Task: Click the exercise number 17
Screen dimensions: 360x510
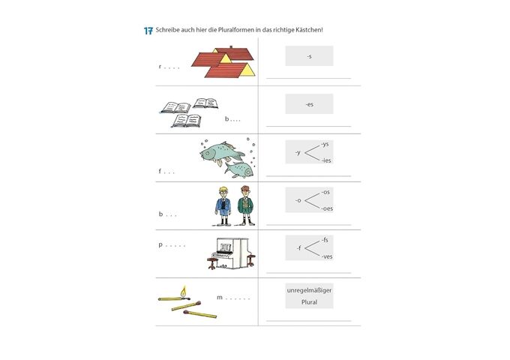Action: (148, 30)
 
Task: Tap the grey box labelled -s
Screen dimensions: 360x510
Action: (309, 56)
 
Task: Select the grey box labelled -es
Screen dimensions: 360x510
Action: (309, 104)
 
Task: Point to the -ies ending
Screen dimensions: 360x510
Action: (326, 160)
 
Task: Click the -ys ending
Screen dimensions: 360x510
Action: (325, 143)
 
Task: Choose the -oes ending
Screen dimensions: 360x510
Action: (327, 208)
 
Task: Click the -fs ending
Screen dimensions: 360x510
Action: (324, 239)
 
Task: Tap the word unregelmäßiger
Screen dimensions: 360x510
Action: (309, 290)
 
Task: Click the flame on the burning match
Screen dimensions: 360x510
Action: (183, 290)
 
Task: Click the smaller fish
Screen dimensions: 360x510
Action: (241, 168)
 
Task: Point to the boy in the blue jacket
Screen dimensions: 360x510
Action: (223, 205)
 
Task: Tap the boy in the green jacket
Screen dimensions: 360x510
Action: (245, 205)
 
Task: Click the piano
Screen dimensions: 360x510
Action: (230, 252)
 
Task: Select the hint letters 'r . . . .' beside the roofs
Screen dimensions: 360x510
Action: (169, 67)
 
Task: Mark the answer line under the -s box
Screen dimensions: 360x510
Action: (308, 78)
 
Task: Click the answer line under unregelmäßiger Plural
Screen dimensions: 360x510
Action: (308, 320)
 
